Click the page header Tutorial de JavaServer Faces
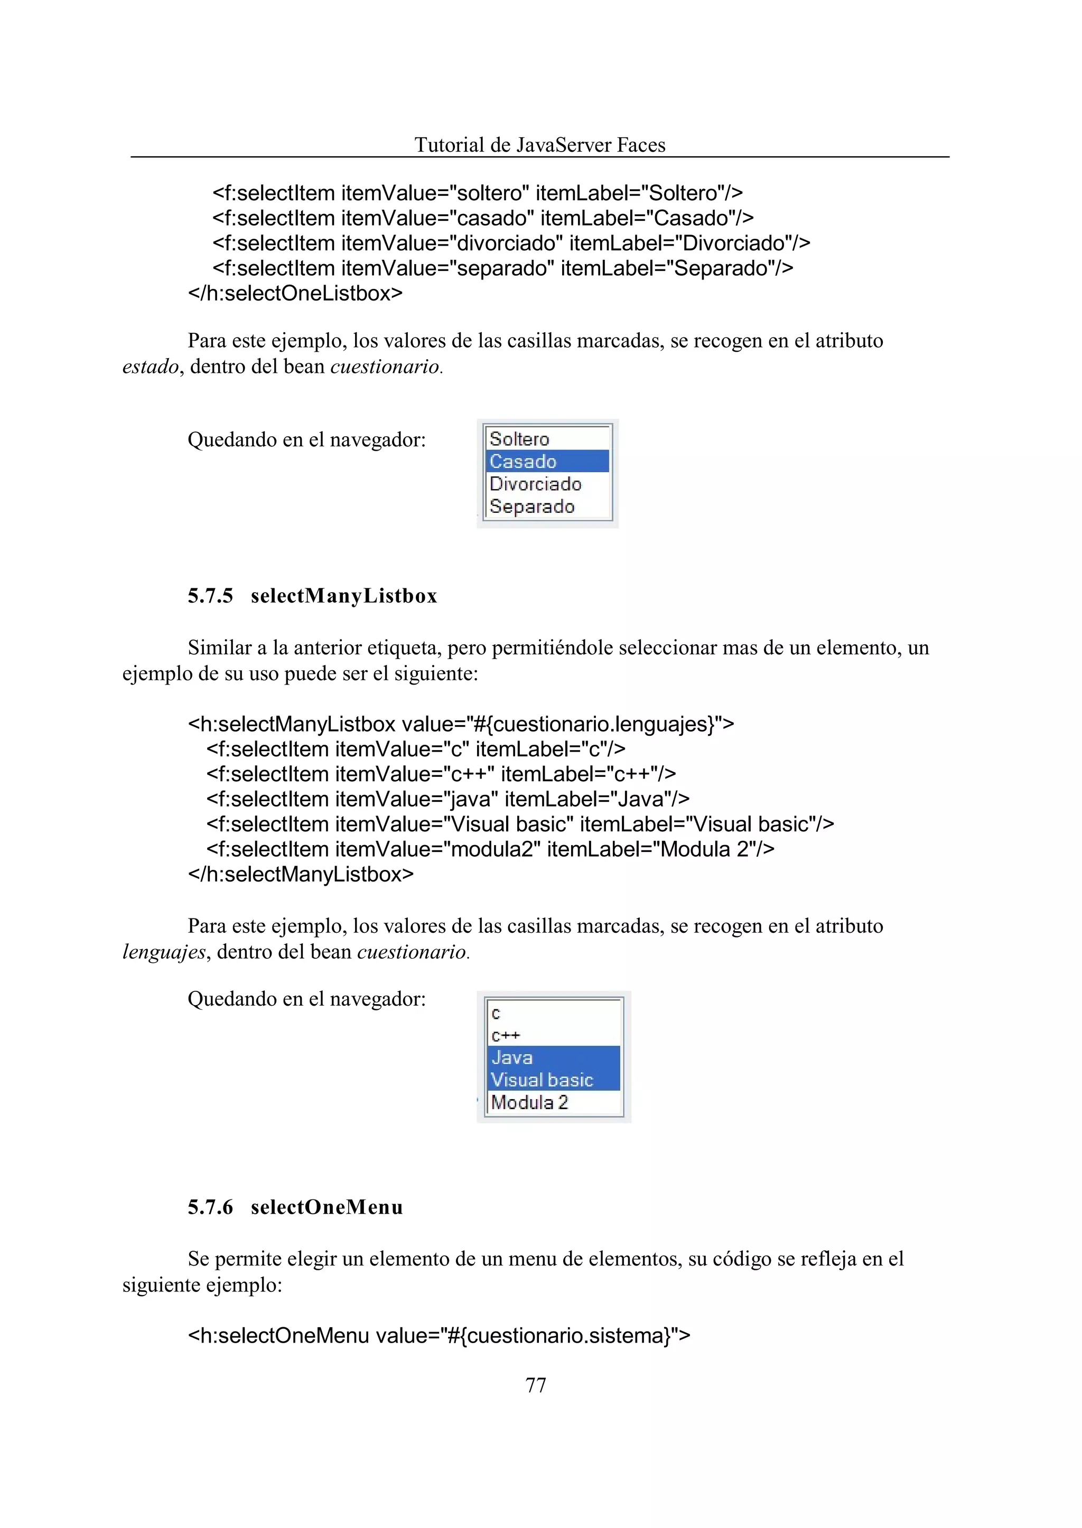click(539, 145)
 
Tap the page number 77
click(536, 1385)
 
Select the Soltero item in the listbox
click(520, 439)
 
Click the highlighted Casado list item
click(523, 462)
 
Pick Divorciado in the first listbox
click(535, 484)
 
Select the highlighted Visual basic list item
click(542, 1080)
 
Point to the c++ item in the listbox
click(506, 1036)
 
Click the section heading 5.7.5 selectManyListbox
click(312, 595)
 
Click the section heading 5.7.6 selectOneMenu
click(295, 1207)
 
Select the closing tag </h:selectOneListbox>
click(295, 293)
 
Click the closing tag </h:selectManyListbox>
click(301, 874)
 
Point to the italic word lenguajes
click(164, 952)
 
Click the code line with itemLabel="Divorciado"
click(511, 243)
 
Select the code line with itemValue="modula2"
click(490, 849)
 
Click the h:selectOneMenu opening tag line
click(439, 1336)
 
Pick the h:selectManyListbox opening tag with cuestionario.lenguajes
click(460, 724)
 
